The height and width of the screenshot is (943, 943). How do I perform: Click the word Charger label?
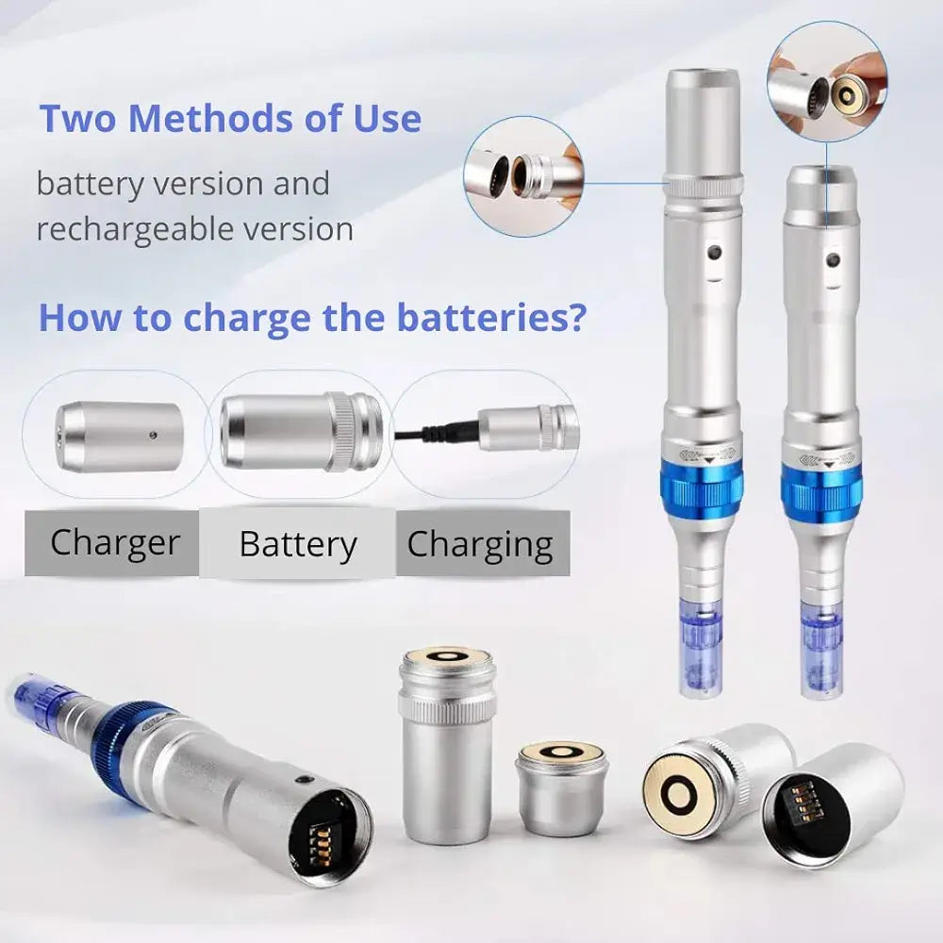(x=114, y=543)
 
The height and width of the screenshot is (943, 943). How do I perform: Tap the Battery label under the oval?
(x=298, y=545)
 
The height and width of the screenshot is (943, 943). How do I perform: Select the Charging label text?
(x=480, y=545)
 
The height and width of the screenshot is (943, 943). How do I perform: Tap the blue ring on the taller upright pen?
(x=703, y=488)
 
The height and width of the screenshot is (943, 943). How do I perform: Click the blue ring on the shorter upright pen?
(x=820, y=492)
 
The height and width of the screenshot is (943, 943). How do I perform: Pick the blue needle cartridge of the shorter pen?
(x=820, y=651)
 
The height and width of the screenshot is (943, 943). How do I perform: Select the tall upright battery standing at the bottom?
(x=446, y=745)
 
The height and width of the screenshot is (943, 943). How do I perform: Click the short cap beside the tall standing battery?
(x=561, y=786)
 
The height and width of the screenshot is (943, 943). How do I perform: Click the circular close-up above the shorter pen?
(x=827, y=83)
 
